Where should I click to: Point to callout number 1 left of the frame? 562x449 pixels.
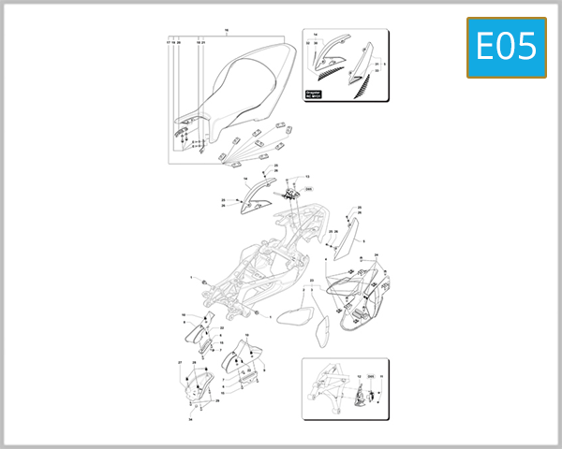[x=191, y=279]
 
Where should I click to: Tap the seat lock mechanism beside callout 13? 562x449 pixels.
[x=291, y=191]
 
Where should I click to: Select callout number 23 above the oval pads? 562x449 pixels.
[x=312, y=280]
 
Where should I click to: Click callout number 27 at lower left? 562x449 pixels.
[x=180, y=362]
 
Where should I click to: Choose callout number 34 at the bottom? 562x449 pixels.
[x=190, y=420]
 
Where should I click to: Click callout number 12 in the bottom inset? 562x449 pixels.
[x=359, y=376]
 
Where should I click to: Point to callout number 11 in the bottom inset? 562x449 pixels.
[x=381, y=376]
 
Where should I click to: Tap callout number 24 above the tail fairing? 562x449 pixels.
[x=377, y=255]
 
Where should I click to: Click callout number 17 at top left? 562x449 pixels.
[x=169, y=42]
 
